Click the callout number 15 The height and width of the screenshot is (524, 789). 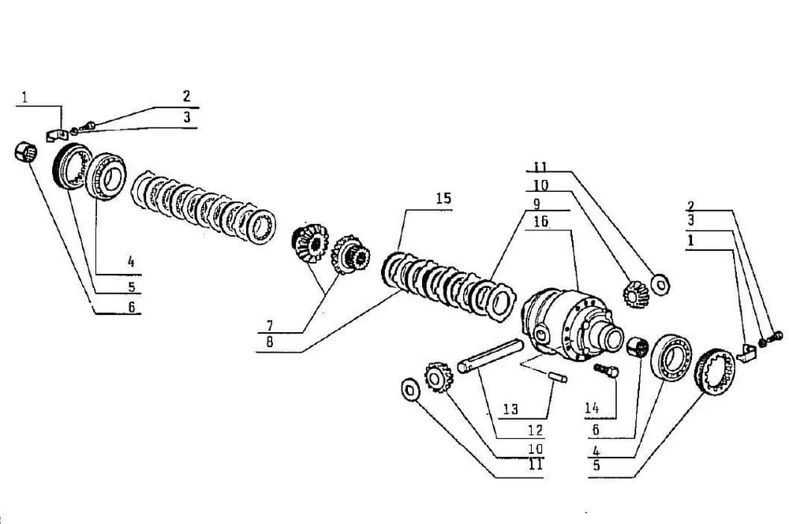click(x=443, y=198)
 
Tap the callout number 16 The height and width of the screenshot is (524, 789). click(x=541, y=222)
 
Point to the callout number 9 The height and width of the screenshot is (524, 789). click(x=537, y=204)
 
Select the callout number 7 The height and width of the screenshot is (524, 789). click(x=270, y=325)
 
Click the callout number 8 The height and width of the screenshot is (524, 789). click(x=270, y=342)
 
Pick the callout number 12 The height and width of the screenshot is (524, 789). click(x=536, y=429)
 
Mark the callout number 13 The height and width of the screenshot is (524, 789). click(x=510, y=409)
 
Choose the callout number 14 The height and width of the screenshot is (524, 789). click(x=592, y=408)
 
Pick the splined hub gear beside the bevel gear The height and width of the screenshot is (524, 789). click(x=350, y=255)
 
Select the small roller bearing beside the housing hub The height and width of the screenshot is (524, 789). click(x=638, y=346)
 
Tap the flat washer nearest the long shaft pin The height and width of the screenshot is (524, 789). click(x=410, y=389)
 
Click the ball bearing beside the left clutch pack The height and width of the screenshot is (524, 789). click(x=107, y=176)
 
